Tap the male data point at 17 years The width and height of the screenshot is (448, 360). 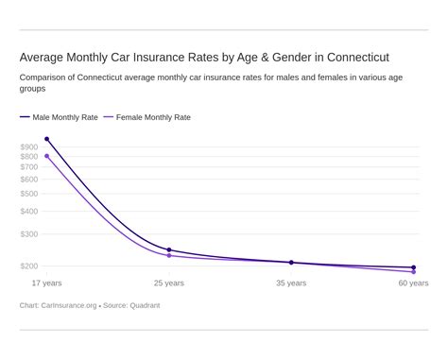pyautogui.click(x=47, y=139)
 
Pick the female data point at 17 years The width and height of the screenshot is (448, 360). pyautogui.click(x=47, y=156)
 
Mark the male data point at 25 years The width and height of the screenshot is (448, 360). pyautogui.click(x=169, y=250)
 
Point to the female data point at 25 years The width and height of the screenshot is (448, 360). pyautogui.click(x=169, y=256)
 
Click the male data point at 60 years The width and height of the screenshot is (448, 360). pyautogui.click(x=413, y=267)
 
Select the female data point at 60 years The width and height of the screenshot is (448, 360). pyautogui.click(x=413, y=272)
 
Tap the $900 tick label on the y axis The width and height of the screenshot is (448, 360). pyautogui.click(x=28, y=147)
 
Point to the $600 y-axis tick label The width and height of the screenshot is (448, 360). pyautogui.click(x=28, y=180)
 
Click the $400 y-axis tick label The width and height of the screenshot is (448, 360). pyautogui.click(x=28, y=212)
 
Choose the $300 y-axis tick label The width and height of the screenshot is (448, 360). pyautogui.click(x=28, y=234)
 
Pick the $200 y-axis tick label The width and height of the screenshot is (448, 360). pyautogui.click(x=28, y=266)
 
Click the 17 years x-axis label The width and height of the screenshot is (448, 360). pyautogui.click(x=47, y=283)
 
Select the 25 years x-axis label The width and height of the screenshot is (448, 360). pyautogui.click(x=169, y=283)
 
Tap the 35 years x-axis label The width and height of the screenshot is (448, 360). pyautogui.click(x=291, y=283)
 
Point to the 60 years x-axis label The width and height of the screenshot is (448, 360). pyautogui.click(x=413, y=283)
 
